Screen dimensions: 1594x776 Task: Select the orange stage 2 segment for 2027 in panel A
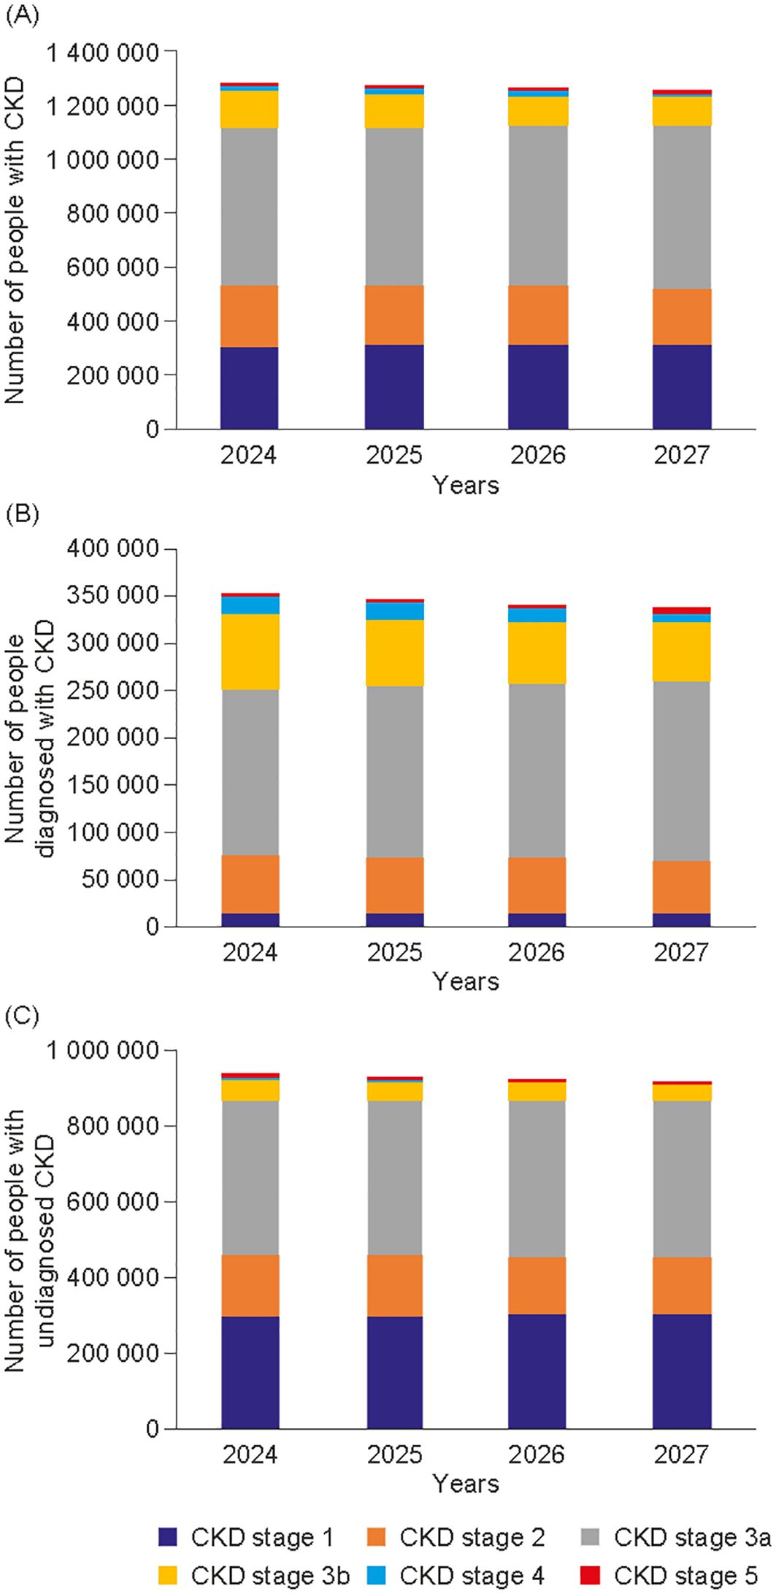(682, 316)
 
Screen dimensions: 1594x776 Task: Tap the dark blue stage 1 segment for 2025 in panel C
(394, 1372)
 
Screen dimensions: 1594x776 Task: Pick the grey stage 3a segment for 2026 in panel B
(538, 770)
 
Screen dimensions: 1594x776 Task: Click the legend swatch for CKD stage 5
(591, 1575)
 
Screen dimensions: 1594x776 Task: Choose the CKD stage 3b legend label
(270, 1575)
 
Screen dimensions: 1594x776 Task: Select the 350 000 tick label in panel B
(112, 597)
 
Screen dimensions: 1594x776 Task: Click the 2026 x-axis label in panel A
(538, 455)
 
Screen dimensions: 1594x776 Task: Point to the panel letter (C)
(21, 1017)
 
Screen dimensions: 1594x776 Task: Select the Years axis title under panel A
(466, 485)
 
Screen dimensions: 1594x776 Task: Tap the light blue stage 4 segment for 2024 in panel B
(250, 605)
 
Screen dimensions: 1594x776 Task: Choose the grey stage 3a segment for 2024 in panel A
(249, 207)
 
